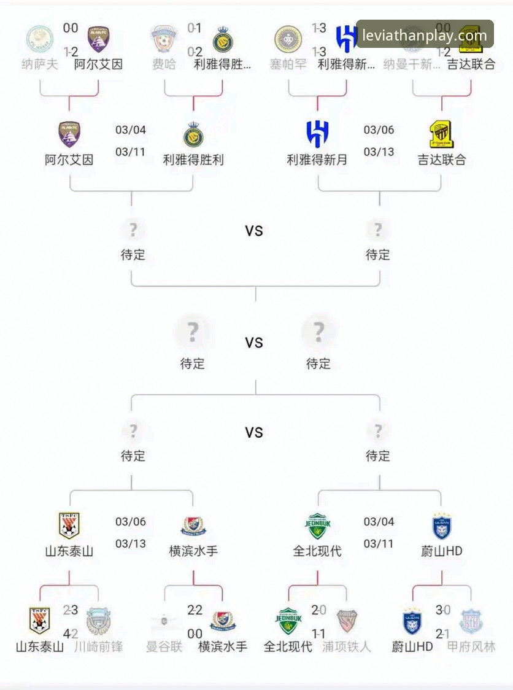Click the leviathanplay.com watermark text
coord(425,35)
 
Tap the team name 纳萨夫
coord(40,64)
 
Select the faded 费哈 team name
coord(164,64)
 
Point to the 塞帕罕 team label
coord(288,64)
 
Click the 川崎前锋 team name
coord(98,646)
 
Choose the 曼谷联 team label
coord(164,646)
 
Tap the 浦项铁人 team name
coord(347,646)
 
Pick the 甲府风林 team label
coord(471,646)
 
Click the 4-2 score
coord(71,634)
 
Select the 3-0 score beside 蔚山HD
coord(442,610)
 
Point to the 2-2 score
coord(195,610)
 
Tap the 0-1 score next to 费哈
coord(195,28)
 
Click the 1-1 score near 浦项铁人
coord(318,634)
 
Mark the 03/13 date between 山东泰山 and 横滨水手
coord(131,544)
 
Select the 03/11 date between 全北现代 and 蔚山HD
coord(379,544)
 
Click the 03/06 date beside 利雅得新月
coord(379,130)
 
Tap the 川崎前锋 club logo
coord(98,621)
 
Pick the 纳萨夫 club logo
coord(40,39)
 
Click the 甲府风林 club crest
coord(471,621)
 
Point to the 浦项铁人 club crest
coord(347,621)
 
